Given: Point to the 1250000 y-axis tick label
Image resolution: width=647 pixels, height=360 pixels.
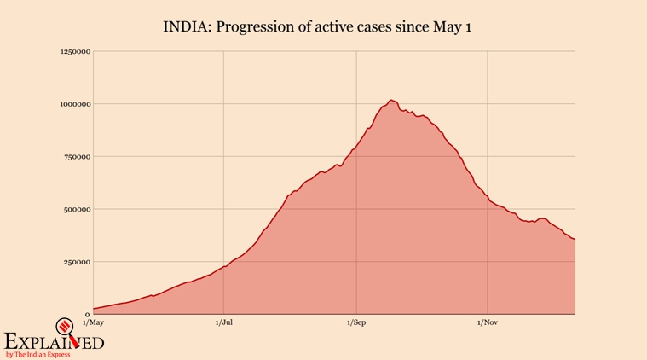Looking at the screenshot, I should [74, 52].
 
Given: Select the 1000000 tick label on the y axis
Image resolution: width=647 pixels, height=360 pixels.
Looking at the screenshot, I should [74, 104].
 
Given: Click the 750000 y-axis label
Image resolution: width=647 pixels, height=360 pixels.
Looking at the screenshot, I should [76, 157].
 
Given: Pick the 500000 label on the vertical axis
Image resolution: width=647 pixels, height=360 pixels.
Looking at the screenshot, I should [76, 209].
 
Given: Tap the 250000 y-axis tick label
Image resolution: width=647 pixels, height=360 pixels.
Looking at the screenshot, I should [76, 262].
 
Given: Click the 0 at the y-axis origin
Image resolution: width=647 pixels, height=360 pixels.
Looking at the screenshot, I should [87, 314].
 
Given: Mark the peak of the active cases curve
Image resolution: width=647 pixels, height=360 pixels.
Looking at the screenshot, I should [390, 101].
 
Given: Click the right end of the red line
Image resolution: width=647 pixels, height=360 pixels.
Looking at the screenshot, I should [575, 239].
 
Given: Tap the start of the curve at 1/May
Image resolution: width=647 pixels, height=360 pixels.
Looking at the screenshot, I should [94, 309].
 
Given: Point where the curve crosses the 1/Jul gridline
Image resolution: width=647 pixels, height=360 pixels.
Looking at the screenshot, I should [224, 267].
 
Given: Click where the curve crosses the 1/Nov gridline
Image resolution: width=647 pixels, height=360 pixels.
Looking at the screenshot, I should [488, 200].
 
